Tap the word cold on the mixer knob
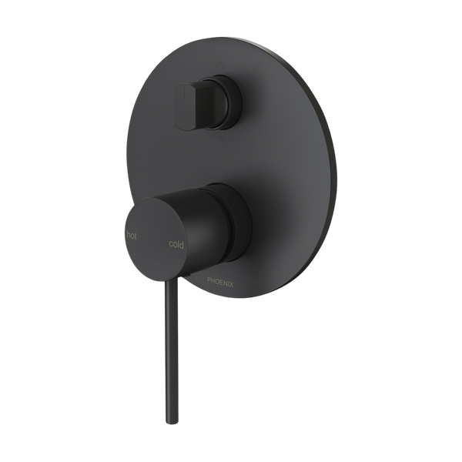tap(176, 244)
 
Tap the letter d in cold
tap(182, 244)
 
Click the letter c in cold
tap(170, 244)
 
